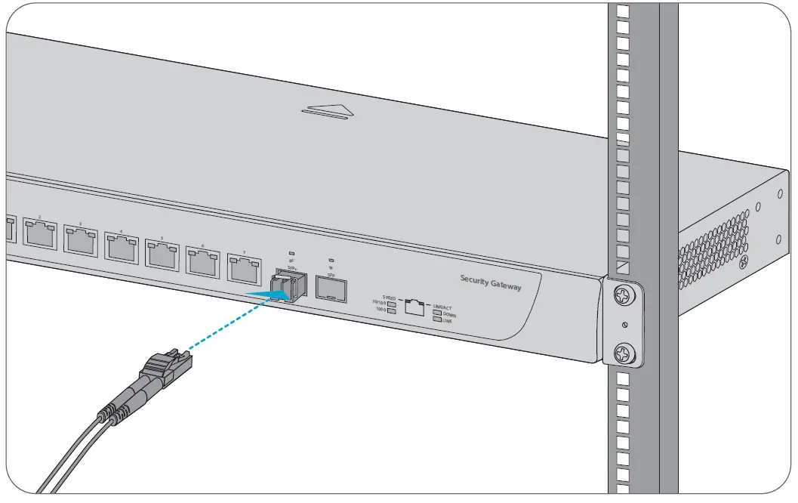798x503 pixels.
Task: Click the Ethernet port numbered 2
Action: [x=40, y=233]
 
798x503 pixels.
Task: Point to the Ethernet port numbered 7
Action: [x=243, y=267]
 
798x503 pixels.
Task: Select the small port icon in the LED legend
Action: [x=414, y=307]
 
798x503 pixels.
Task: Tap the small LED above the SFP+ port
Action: [x=291, y=253]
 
